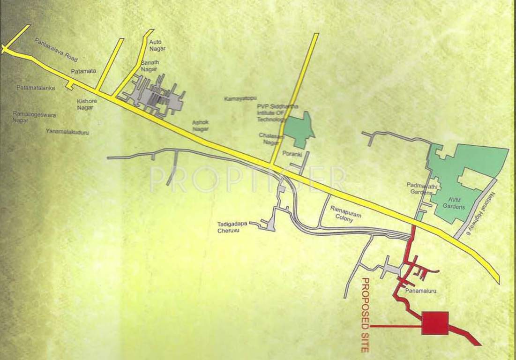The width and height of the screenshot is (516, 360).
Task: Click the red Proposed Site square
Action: pos(435,323)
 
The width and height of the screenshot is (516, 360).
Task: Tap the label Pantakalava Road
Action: pos(56,50)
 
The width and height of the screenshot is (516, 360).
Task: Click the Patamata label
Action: pos(83,71)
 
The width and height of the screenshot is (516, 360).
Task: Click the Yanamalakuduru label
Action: pos(67,132)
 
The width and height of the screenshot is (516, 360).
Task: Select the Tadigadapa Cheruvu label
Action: pos(232,227)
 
